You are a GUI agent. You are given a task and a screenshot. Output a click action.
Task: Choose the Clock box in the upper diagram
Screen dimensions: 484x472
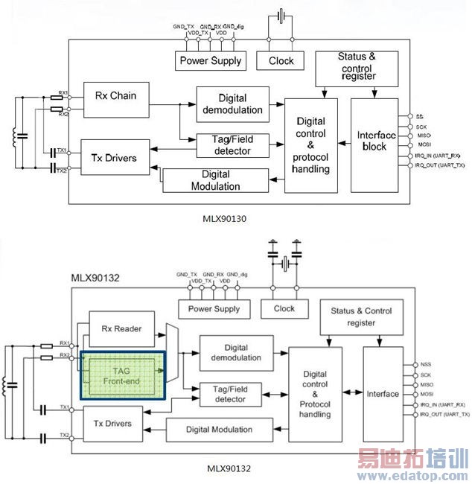(280, 61)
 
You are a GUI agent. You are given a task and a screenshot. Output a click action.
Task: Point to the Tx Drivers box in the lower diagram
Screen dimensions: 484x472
(112, 424)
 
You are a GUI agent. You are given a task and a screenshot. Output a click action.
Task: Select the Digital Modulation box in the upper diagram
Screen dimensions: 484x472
(216, 180)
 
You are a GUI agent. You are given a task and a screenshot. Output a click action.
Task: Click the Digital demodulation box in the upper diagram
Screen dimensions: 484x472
(233, 104)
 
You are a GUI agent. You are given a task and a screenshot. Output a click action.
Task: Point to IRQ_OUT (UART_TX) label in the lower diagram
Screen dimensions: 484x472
(444, 414)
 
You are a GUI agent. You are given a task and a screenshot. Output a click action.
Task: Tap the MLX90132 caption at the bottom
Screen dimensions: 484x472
(229, 468)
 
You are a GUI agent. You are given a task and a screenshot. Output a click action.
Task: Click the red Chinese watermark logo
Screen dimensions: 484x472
(412, 458)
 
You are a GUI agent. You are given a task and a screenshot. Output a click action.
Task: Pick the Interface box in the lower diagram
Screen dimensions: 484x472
(383, 394)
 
